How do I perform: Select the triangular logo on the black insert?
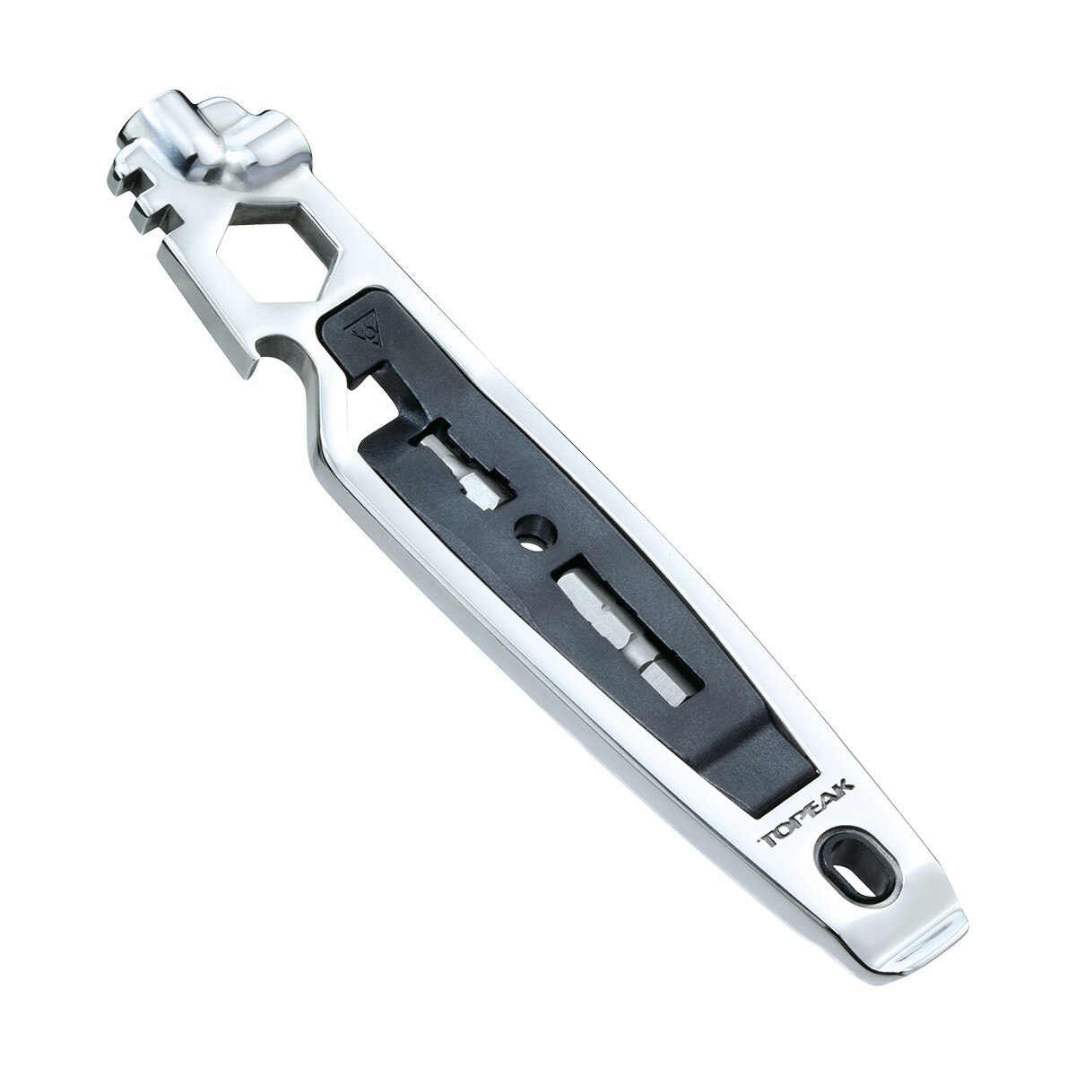tap(366, 333)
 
